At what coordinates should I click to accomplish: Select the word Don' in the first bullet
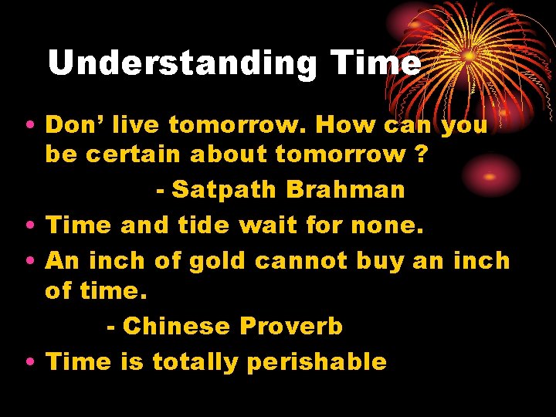(x=75, y=124)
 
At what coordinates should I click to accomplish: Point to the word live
(x=137, y=124)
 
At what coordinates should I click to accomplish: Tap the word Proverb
(x=291, y=327)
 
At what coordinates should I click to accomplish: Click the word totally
(x=195, y=361)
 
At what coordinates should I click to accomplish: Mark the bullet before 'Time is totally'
(x=29, y=362)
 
